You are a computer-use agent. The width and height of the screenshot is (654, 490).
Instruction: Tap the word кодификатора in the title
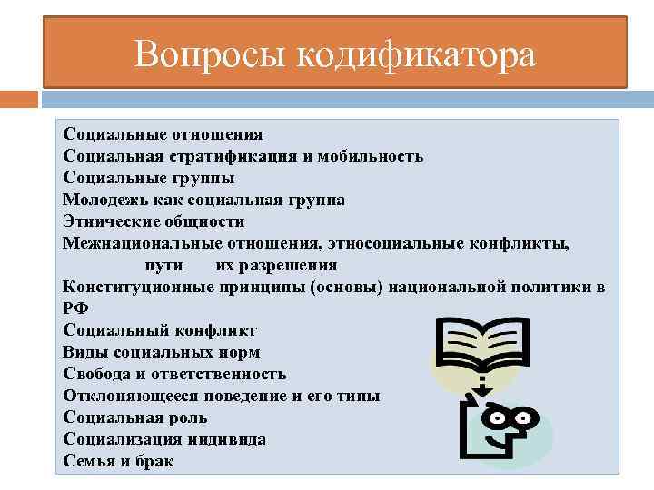coord(416,54)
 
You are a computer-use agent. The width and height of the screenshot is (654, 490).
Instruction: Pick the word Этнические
coord(107,221)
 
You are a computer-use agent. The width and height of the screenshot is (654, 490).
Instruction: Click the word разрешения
coord(293,265)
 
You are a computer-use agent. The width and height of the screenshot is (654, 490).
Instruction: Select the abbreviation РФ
coord(75,309)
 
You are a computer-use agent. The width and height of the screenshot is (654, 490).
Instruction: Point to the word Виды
coord(84,352)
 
